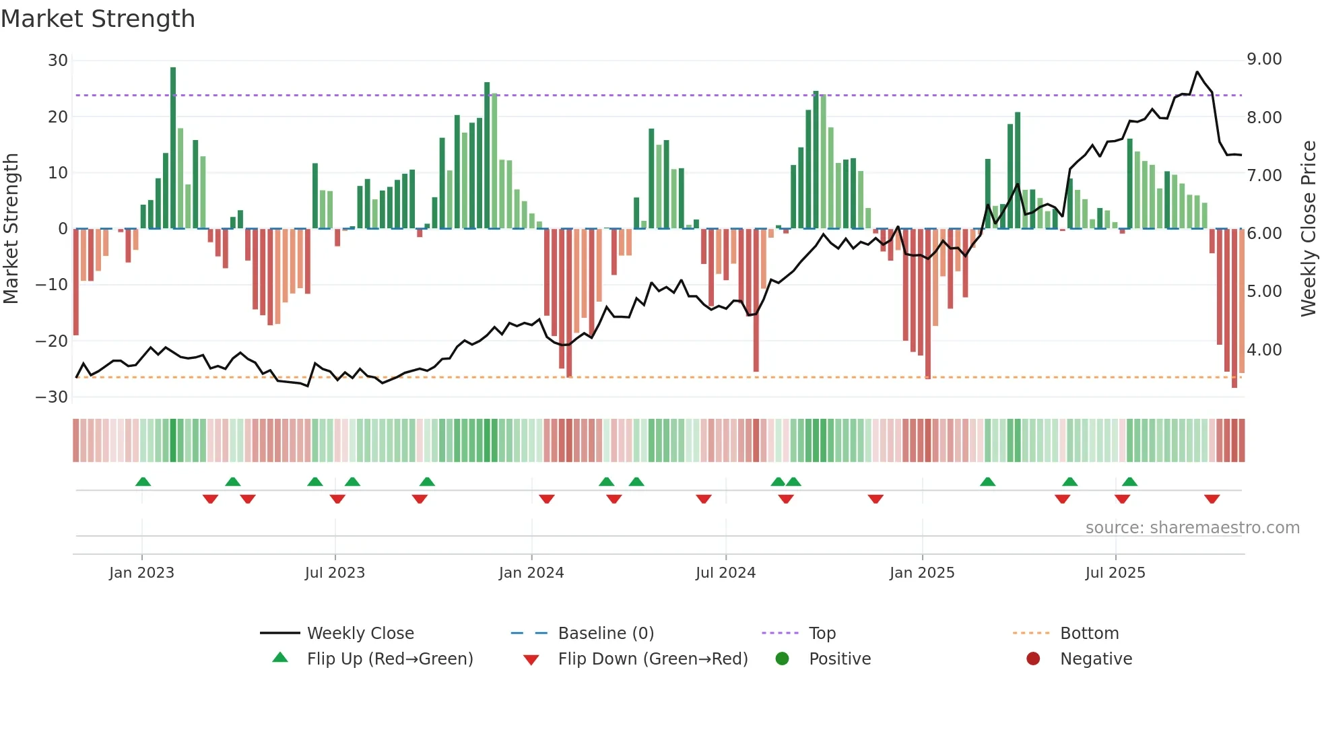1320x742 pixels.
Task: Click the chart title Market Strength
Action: [x=98, y=19]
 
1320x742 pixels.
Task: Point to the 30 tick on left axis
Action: [x=58, y=61]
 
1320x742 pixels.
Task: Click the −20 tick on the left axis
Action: [x=52, y=341]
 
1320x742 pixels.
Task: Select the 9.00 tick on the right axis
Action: [x=1264, y=59]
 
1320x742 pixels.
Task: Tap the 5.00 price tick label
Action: [x=1264, y=292]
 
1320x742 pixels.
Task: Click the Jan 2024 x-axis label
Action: [x=531, y=573]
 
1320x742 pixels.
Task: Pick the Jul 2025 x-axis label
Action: [x=1115, y=573]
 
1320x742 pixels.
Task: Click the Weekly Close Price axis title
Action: [x=1308, y=229]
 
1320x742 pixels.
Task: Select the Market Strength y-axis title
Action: [x=11, y=229]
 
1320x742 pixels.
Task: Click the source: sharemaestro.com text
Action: [x=1192, y=528]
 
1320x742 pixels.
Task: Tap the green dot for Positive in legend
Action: [x=782, y=659]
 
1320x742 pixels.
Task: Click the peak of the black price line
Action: [x=1197, y=72]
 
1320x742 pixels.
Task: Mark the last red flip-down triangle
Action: [x=1212, y=499]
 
